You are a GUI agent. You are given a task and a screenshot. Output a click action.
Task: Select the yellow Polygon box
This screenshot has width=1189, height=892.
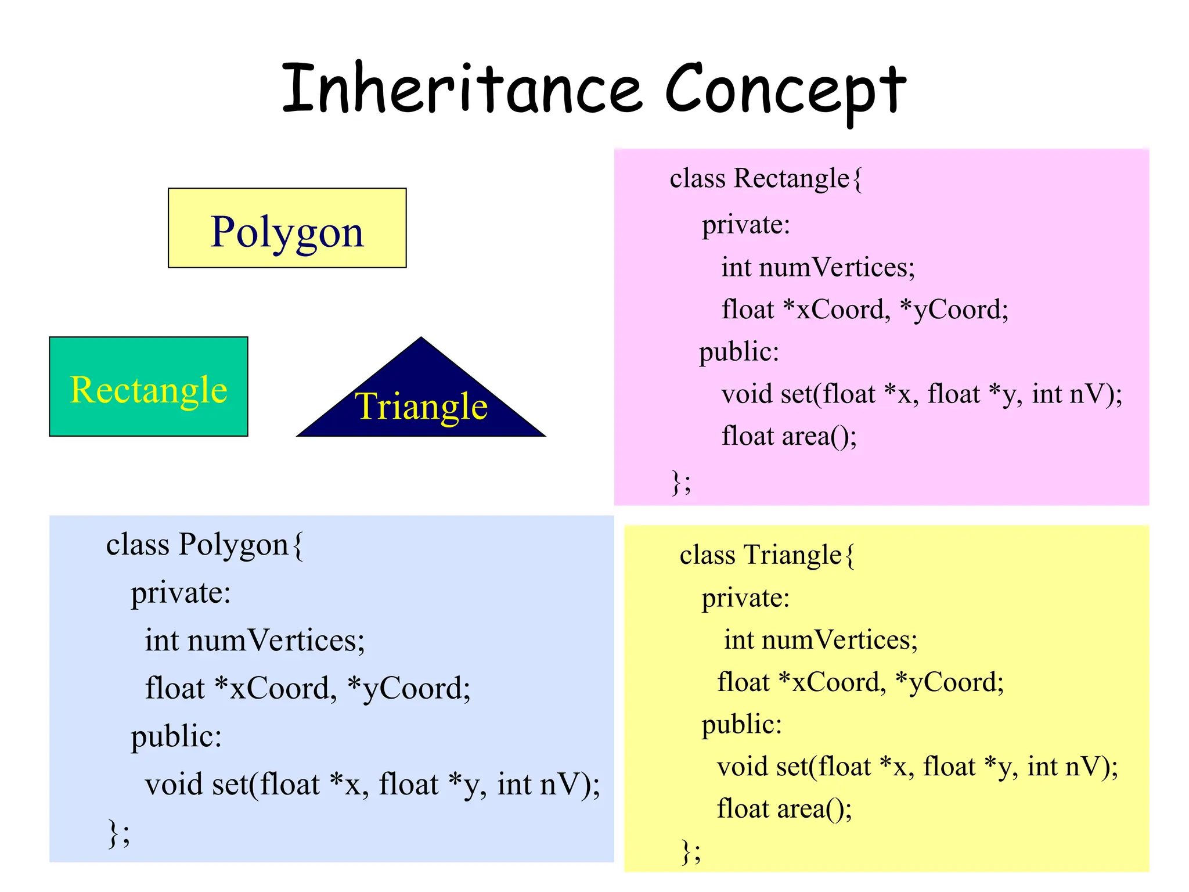(287, 228)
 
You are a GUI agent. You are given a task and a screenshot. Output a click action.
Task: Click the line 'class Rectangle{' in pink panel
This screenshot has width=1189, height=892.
(766, 179)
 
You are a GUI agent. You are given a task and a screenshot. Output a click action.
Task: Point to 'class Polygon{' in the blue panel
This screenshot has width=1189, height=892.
(204, 545)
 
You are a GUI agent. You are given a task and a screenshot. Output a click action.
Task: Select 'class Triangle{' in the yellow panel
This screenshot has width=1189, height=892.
(766, 555)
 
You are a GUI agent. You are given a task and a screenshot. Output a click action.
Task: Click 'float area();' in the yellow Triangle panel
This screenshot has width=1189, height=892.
(784, 809)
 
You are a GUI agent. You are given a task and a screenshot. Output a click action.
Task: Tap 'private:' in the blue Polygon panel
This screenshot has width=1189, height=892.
(181, 594)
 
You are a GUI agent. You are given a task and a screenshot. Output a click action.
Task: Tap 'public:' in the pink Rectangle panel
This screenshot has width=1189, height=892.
(738, 352)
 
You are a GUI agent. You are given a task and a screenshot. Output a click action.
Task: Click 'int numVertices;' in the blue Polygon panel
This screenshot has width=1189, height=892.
(254, 641)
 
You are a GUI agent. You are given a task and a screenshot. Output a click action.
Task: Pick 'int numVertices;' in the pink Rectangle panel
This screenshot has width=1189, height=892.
(817, 268)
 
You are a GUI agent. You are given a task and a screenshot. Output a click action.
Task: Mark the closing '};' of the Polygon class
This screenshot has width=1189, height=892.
(119, 834)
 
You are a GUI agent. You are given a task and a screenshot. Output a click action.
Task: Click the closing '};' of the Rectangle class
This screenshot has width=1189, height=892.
(681, 482)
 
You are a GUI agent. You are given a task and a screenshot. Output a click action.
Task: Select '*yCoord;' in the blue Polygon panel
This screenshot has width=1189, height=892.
(409, 689)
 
